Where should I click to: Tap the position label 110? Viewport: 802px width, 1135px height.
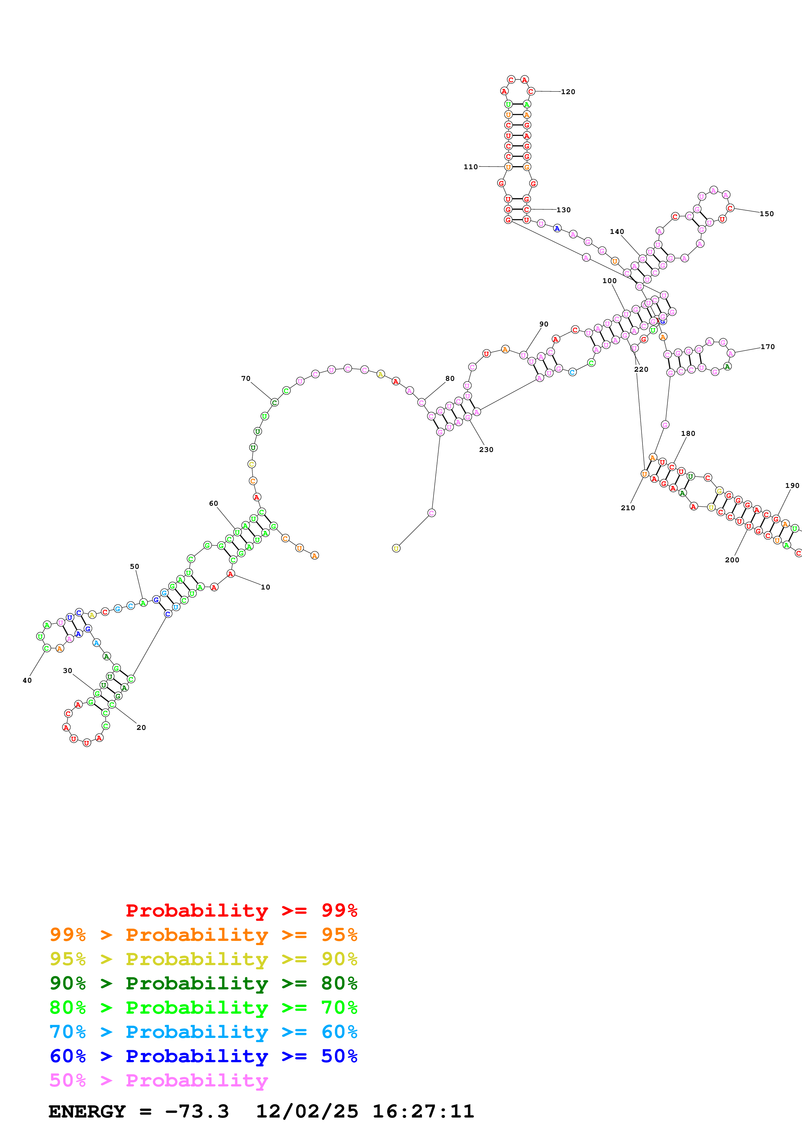[470, 167]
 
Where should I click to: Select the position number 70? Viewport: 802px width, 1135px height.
[246, 379]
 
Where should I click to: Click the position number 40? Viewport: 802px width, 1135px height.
[27, 681]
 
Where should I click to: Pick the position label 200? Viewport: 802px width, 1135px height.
[732, 560]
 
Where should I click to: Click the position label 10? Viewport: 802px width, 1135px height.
[265, 587]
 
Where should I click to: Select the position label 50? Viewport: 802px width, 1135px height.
[134, 567]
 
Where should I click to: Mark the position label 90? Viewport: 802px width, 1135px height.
[544, 324]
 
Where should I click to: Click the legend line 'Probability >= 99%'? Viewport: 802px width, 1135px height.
[241, 910]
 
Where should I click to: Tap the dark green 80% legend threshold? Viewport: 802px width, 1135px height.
[339, 983]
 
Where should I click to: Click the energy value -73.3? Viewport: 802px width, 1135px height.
[197, 1112]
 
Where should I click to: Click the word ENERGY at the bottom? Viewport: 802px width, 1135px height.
[87, 1112]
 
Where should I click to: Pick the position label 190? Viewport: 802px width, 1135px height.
[792, 486]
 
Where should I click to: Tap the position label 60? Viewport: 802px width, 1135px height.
[214, 504]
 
